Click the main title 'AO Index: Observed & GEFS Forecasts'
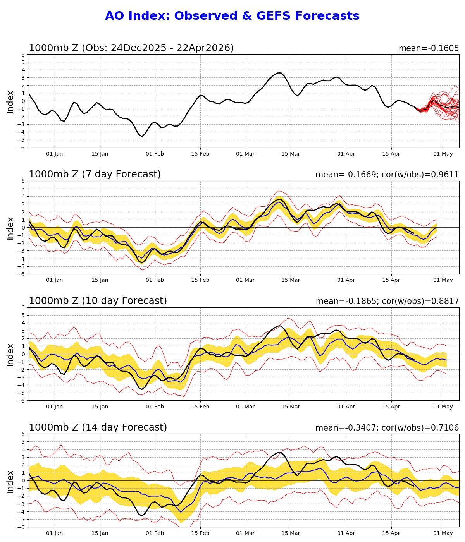232,16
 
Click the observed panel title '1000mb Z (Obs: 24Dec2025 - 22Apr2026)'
131,48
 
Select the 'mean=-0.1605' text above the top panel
429,48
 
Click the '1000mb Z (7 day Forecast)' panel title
95,174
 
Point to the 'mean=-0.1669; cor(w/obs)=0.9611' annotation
387,175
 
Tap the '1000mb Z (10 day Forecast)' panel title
98,301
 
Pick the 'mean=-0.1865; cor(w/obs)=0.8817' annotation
387,301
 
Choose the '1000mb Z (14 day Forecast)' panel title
98,427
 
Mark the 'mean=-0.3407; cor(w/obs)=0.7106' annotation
387,428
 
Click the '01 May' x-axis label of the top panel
443,154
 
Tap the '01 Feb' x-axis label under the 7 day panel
155,280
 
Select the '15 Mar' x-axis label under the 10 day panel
291,406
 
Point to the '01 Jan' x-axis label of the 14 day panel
55,533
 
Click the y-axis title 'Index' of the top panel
10,101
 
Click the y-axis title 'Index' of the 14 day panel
10,481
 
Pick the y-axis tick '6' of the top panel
23,55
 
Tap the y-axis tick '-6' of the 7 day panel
22,274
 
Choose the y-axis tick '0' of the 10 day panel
23,354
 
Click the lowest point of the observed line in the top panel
142,136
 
